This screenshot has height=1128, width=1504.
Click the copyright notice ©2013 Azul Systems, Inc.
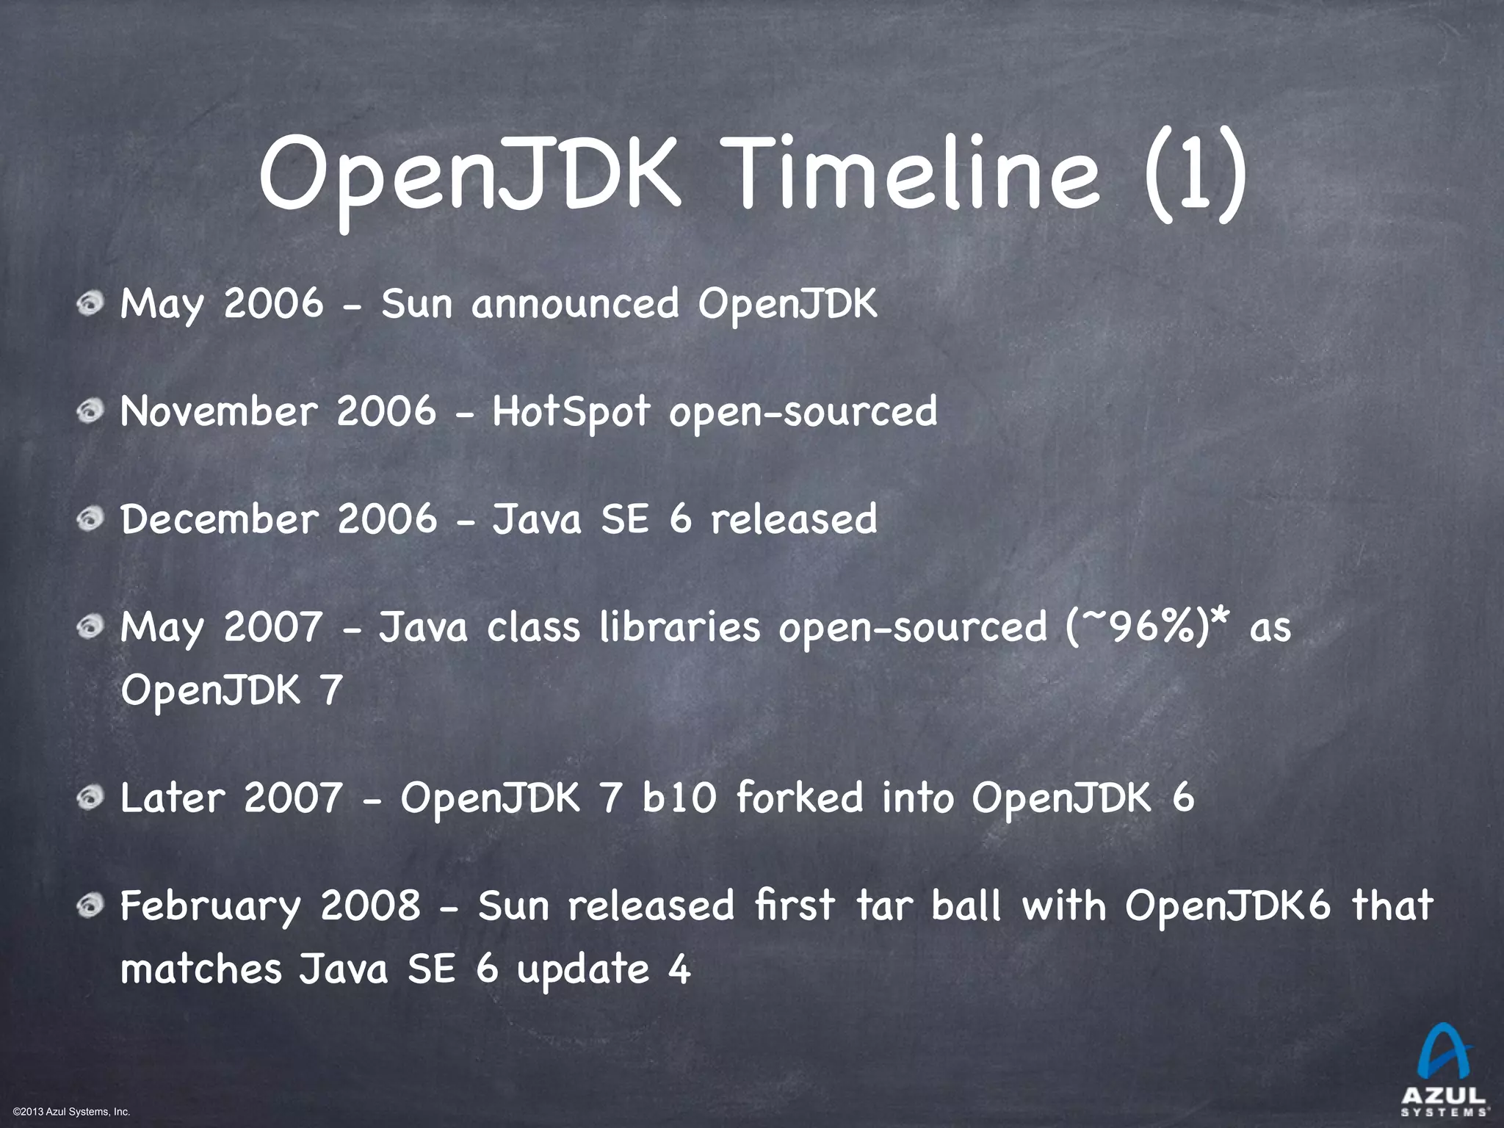click(x=72, y=1111)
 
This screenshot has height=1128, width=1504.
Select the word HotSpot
click(x=571, y=411)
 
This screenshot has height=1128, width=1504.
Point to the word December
click(x=220, y=519)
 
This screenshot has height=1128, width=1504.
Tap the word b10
click(x=679, y=798)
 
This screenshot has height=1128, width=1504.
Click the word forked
click(x=800, y=798)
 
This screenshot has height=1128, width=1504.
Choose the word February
click(x=211, y=907)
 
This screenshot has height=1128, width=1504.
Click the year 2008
click(x=370, y=905)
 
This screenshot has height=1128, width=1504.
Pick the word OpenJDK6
click(x=1228, y=905)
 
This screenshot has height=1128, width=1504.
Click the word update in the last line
click(x=583, y=970)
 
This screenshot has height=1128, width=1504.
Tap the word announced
click(x=575, y=304)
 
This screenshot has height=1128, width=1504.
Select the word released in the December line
click(x=794, y=519)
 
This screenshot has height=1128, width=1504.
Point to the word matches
click(x=201, y=969)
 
